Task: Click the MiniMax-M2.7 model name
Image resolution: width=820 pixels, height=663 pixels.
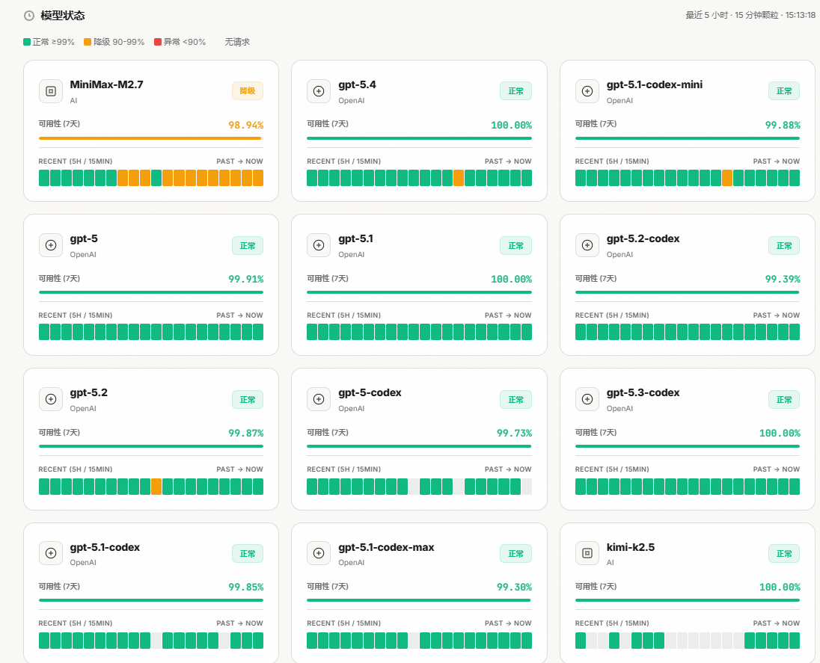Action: (106, 84)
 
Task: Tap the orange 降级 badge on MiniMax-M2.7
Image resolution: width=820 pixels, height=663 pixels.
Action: (247, 91)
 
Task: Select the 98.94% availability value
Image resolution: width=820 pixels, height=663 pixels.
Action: (245, 125)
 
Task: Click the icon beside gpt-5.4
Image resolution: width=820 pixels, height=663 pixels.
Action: (319, 91)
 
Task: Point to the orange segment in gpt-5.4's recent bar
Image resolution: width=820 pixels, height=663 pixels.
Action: (459, 178)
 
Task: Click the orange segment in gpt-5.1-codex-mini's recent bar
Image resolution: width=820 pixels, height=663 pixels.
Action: (727, 178)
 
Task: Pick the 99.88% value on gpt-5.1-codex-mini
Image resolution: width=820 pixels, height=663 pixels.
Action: (782, 125)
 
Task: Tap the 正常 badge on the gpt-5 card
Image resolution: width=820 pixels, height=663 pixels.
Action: (247, 245)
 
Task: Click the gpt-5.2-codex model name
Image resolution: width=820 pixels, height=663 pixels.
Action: (643, 238)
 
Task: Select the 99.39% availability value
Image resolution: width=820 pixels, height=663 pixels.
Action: (782, 279)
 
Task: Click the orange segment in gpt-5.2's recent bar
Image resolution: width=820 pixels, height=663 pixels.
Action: (156, 487)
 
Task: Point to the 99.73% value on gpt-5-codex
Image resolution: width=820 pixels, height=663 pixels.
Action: (514, 433)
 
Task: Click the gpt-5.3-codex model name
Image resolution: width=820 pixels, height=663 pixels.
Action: (643, 392)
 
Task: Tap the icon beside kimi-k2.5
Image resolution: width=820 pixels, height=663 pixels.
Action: (587, 553)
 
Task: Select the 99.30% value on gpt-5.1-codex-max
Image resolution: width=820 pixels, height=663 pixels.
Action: (514, 588)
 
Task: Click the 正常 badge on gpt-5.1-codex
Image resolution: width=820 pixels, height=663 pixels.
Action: (247, 554)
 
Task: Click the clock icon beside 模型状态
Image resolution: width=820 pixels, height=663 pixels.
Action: (29, 16)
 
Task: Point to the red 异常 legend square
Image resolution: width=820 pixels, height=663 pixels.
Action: (158, 42)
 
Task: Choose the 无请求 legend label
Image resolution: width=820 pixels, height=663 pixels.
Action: (237, 42)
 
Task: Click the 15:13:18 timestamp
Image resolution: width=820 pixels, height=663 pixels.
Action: (801, 15)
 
